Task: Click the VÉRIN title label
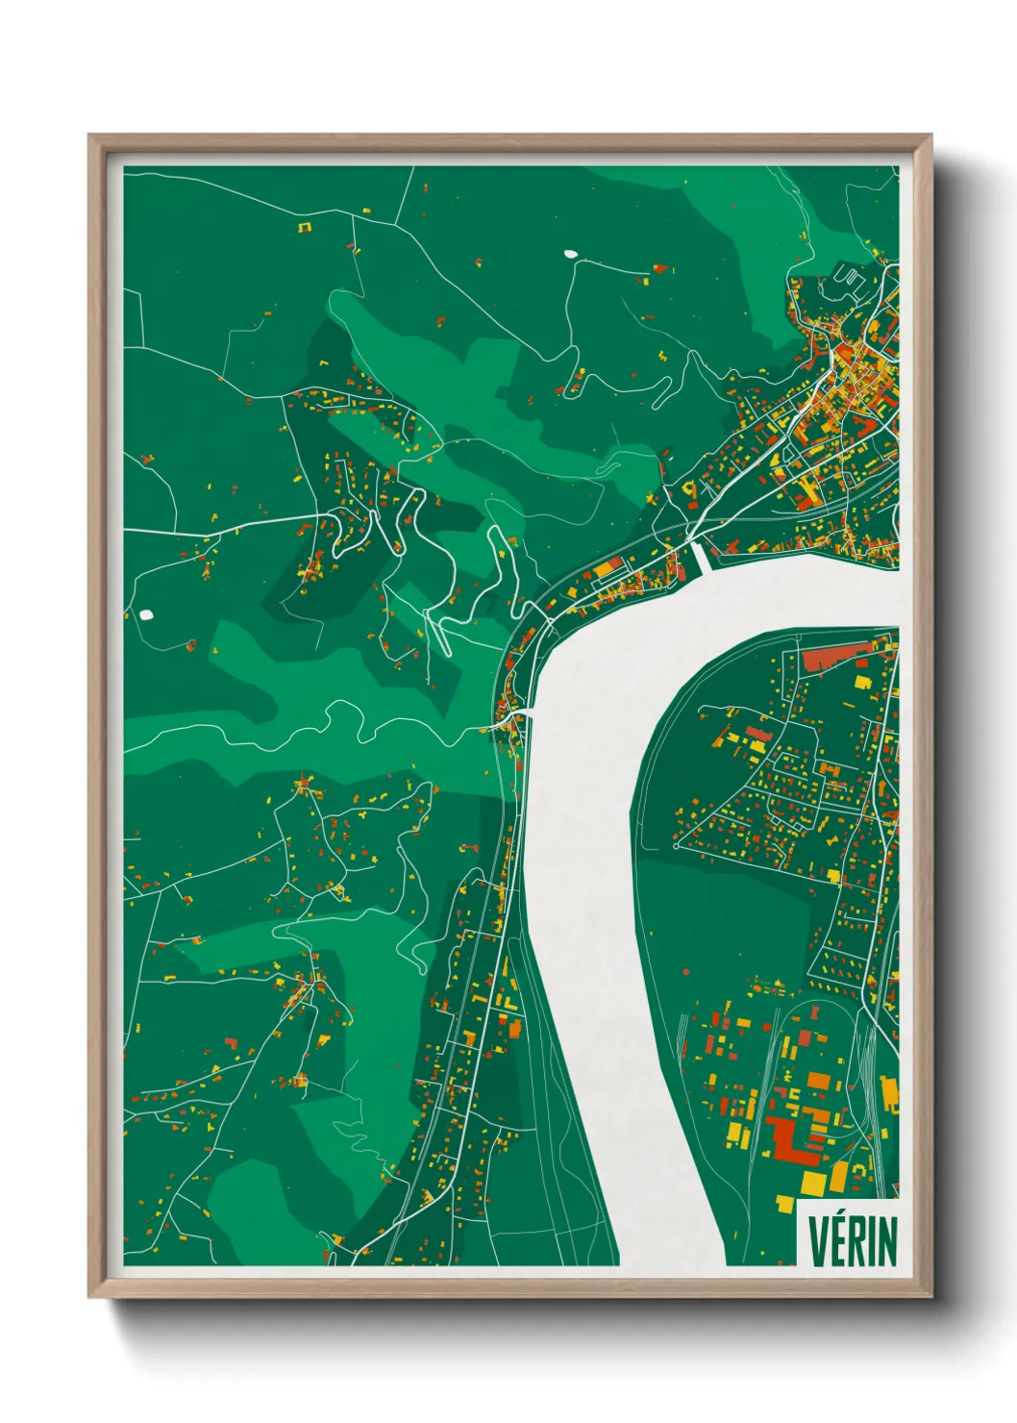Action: coord(852,1241)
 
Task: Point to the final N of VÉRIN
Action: coord(886,1242)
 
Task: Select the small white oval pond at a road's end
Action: coord(570,255)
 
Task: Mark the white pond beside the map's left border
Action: coord(146,613)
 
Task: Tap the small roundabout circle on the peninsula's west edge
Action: coord(676,847)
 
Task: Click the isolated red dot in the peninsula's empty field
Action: coord(685,972)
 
